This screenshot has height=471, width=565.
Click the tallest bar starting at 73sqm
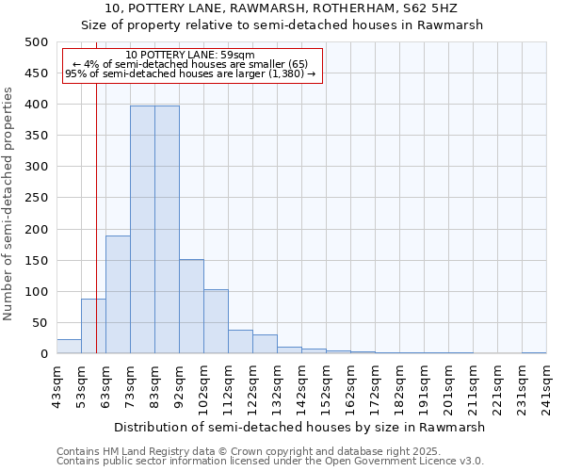(x=142, y=230)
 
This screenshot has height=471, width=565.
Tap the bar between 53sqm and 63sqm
(x=93, y=326)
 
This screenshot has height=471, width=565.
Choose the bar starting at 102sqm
(x=216, y=321)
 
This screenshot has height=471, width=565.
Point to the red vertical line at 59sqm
(x=96, y=188)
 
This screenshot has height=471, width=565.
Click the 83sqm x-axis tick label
(x=154, y=386)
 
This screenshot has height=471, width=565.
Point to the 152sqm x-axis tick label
(x=326, y=386)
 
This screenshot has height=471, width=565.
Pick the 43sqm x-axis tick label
(x=56, y=386)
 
